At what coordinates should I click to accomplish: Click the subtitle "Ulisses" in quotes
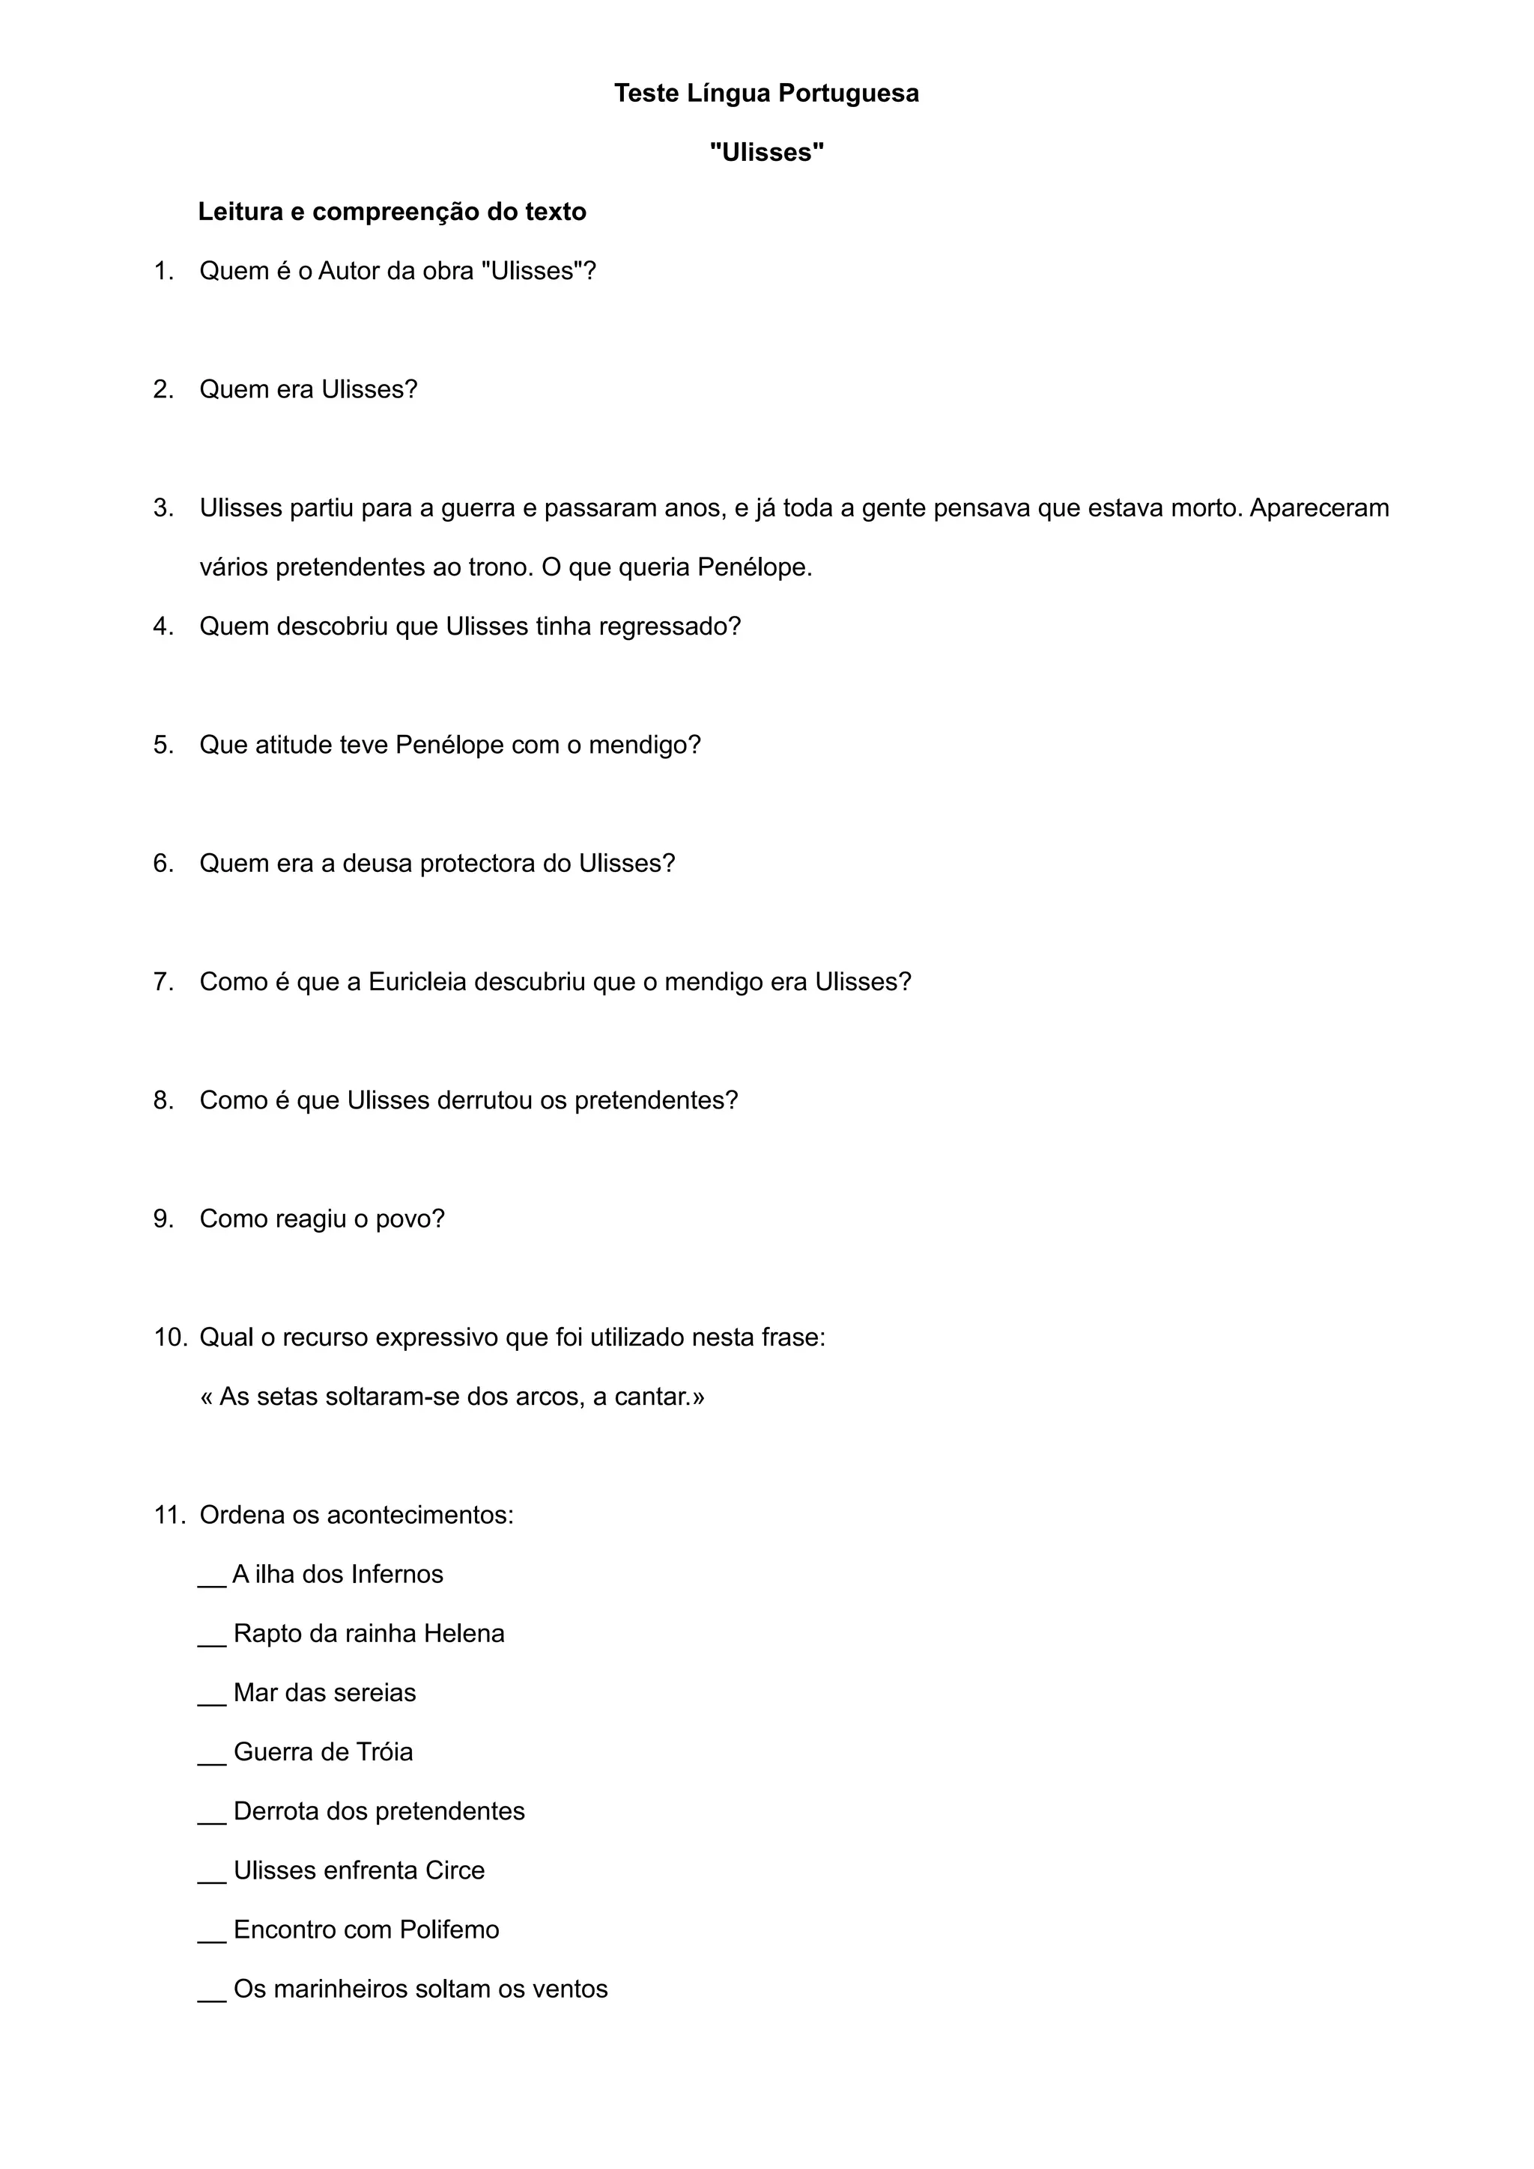(766, 153)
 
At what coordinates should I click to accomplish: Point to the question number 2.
(163, 390)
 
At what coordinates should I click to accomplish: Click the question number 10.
(170, 1337)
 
